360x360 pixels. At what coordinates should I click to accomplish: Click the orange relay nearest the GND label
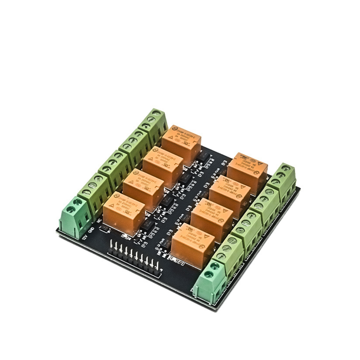pos(124,213)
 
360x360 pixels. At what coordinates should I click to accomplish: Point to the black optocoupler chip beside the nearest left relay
pos(148,227)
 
